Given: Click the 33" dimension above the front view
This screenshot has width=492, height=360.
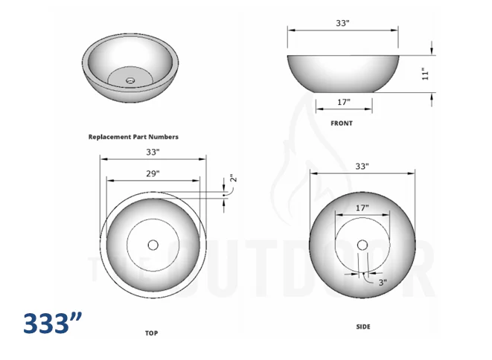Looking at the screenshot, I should click(342, 23).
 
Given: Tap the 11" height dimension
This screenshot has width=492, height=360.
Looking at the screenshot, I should click(425, 74).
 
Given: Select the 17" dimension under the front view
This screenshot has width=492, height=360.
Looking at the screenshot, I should click(343, 102).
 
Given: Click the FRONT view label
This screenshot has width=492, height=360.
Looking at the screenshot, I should click(341, 123).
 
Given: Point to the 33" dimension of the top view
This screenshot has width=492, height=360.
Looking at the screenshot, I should click(153, 152).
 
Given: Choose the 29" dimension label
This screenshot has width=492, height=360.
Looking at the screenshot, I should click(153, 173).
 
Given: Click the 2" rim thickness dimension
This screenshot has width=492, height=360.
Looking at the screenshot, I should click(232, 179).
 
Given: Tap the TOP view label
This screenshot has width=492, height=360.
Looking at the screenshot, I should click(152, 333).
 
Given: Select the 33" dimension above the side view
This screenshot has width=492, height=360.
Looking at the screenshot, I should click(362, 167).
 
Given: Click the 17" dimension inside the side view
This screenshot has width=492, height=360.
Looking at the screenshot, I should click(362, 208).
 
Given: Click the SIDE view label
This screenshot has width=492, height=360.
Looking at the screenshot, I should click(362, 327).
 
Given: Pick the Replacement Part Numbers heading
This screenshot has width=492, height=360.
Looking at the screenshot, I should click(133, 137).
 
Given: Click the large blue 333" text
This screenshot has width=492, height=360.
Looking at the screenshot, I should click(52, 324).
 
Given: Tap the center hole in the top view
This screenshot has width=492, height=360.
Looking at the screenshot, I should click(153, 244).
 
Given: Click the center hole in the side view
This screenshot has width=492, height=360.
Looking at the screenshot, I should click(362, 245).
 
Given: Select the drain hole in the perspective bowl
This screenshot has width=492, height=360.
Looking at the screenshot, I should click(130, 80).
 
